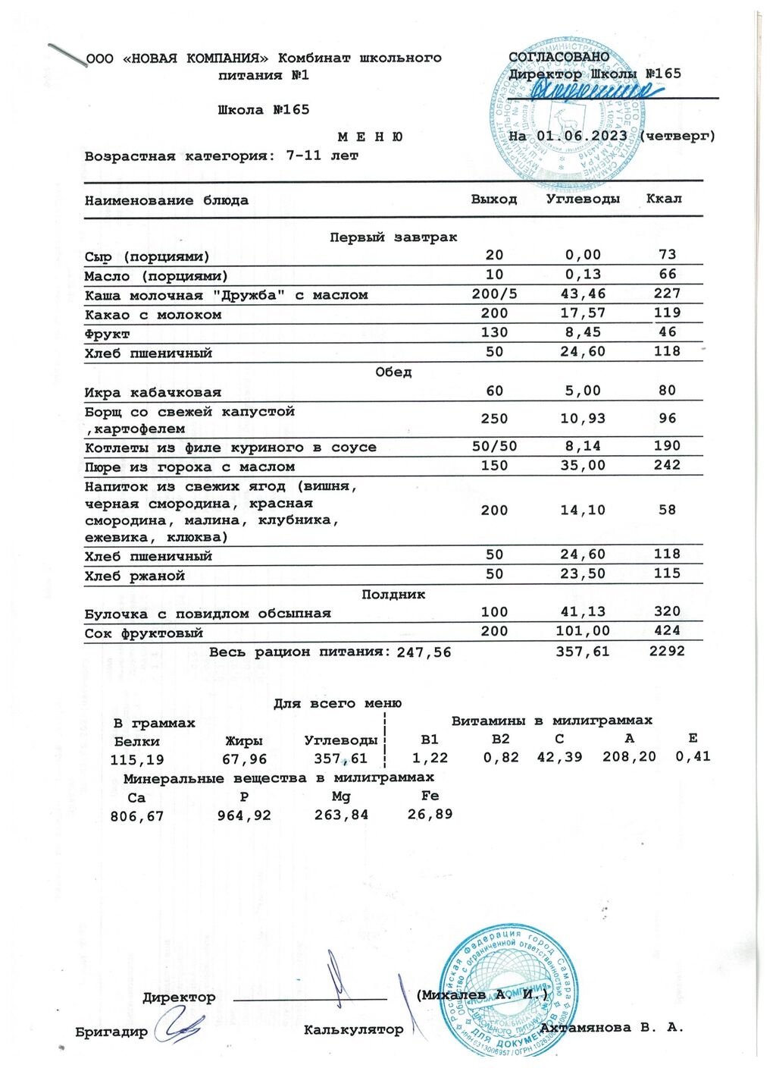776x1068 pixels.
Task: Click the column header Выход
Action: tap(494, 199)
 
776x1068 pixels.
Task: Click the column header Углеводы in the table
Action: tap(583, 199)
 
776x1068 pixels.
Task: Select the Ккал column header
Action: tap(664, 199)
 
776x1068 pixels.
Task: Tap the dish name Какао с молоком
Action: tap(153, 315)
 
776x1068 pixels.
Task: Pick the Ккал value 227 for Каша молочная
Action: tap(667, 294)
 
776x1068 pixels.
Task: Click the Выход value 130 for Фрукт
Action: tap(494, 332)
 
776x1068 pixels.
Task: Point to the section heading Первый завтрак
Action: tap(393, 237)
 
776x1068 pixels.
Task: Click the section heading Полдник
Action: tap(393, 595)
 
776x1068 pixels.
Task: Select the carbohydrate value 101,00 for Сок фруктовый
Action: tap(583, 631)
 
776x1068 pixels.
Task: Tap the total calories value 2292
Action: tap(667, 651)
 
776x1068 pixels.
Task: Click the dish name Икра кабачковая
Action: tap(153, 392)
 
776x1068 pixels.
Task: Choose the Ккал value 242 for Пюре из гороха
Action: tap(667, 465)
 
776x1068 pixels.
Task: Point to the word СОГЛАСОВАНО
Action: tap(559, 58)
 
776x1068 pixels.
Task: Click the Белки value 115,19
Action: tap(137, 759)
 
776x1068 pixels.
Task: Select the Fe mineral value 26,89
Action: tap(430, 815)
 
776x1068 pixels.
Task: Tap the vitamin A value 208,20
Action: tap(629, 756)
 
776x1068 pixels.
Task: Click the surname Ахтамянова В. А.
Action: tap(612, 1028)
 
